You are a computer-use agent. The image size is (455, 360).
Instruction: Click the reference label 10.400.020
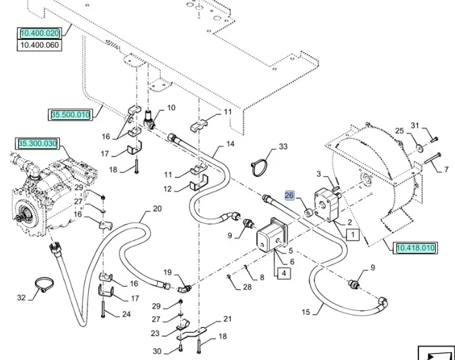(x=39, y=34)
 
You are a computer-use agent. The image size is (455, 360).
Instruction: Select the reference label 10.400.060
(x=39, y=45)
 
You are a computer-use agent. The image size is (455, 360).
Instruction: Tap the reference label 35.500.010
(x=71, y=115)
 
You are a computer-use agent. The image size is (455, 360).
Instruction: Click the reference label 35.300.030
(x=37, y=143)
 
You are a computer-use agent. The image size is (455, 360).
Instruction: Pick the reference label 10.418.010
(x=416, y=247)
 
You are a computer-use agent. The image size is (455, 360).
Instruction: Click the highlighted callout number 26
(x=289, y=195)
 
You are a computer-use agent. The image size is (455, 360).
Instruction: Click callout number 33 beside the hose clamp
(x=283, y=148)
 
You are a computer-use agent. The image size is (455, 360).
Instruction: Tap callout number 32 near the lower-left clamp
(x=21, y=298)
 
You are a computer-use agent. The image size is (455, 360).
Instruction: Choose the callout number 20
(x=157, y=208)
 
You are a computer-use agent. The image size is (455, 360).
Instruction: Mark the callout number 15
(x=305, y=312)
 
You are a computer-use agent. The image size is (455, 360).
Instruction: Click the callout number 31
(x=415, y=125)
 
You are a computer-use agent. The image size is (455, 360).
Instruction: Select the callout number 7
(x=445, y=170)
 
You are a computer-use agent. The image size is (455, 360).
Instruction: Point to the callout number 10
(x=171, y=108)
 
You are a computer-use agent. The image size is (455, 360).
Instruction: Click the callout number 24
(x=126, y=314)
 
